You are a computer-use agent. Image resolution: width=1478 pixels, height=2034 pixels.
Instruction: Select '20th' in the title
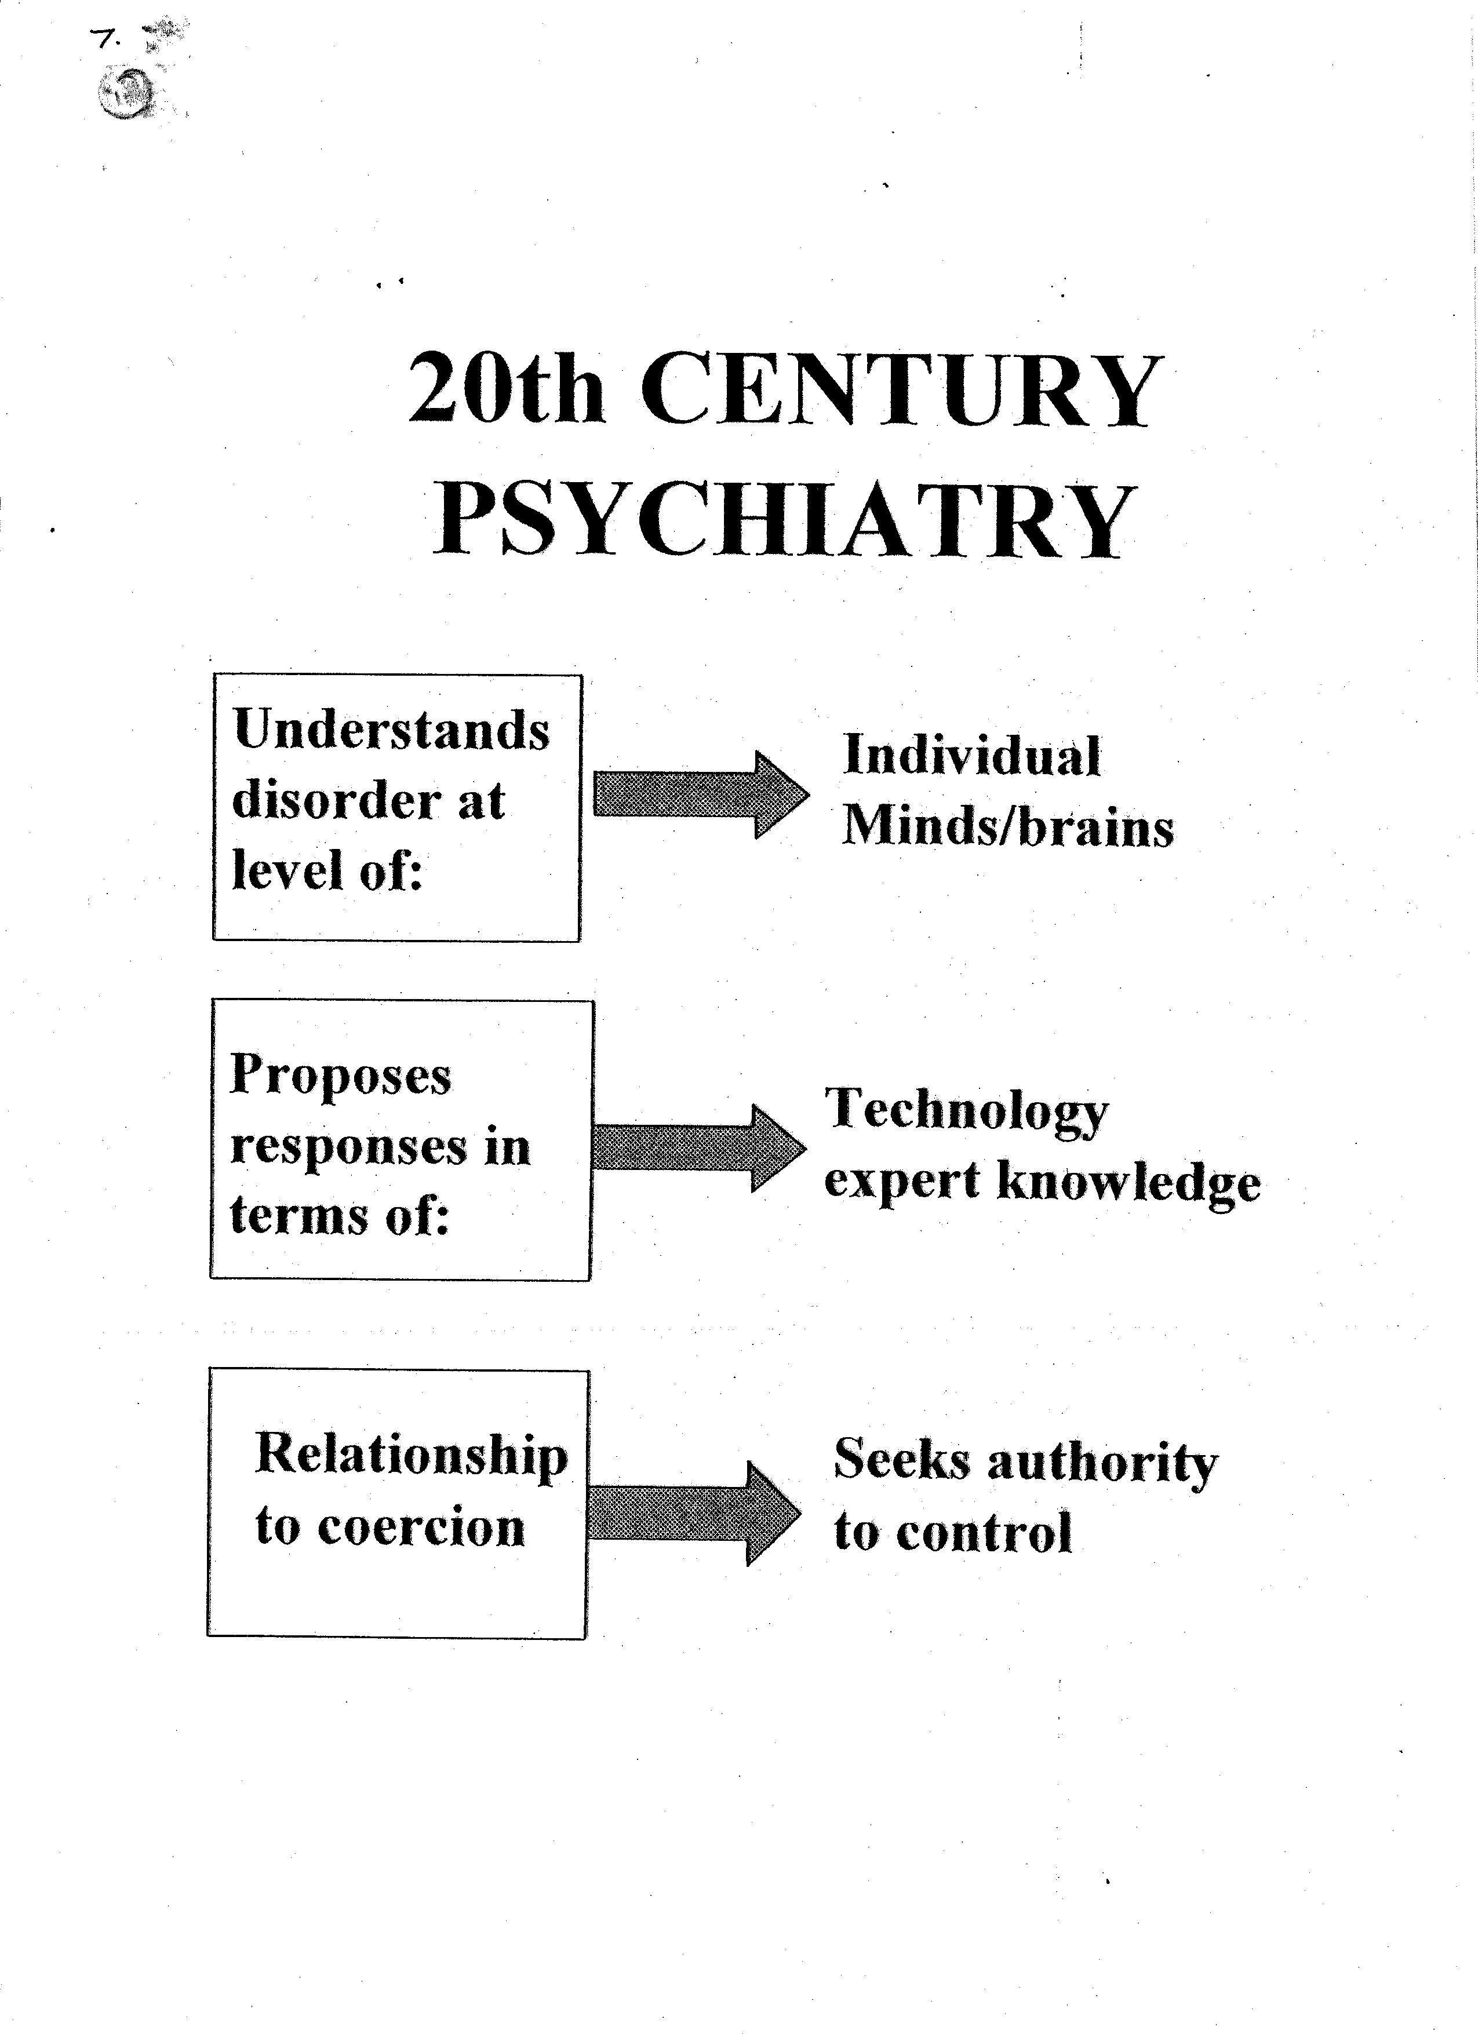click(x=506, y=389)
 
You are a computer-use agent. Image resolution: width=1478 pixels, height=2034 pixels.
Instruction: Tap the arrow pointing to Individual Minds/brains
click(x=701, y=794)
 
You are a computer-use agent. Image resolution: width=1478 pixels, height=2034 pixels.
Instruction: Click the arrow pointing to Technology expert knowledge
click(x=698, y=1148)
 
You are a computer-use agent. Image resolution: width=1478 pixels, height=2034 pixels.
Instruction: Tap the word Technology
click(x=967, y=1112)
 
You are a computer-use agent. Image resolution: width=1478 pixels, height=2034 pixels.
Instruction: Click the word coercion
click(x=421, y=1528)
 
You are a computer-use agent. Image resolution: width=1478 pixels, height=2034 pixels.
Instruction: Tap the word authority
click(x=1102, y=1462)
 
